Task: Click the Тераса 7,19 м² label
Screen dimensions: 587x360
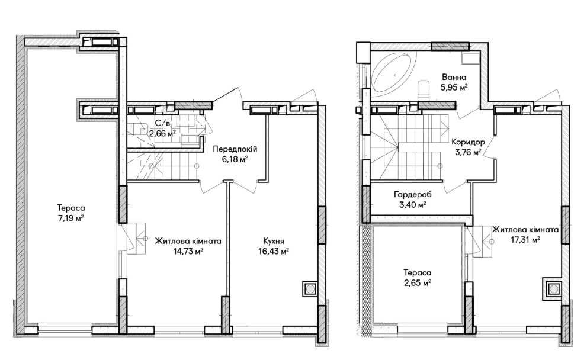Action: click(70, 213)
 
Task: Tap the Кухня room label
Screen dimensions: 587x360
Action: click(273, 241)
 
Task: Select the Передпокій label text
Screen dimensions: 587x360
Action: click(235, 149)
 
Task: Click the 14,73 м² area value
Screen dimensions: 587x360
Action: click(188, 251)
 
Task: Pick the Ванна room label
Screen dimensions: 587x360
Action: click(454, 78)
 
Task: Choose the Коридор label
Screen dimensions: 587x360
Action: click(468, 142)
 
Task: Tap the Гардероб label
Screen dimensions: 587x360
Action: click(412, 195)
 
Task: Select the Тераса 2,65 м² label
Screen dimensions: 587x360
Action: click(417, 278)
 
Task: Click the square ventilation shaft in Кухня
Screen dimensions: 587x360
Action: click(310, 289)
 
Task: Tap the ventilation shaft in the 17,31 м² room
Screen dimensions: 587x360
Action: click(552, 290)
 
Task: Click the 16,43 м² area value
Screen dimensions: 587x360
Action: click(273, 252)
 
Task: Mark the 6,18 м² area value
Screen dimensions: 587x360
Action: click(235, 159)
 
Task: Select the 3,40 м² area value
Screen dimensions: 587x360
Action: click(412, 205)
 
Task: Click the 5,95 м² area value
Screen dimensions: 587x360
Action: click(454, 88)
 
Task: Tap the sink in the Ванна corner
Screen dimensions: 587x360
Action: click(470, 59)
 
